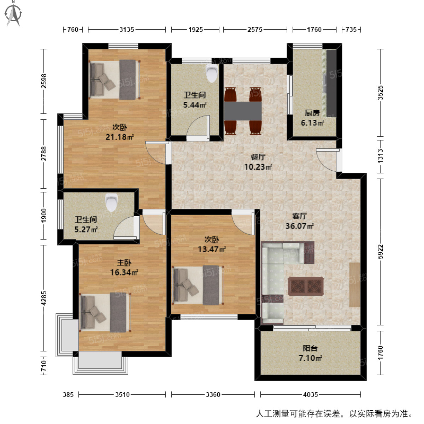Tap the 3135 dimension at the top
click(x=126, y=30)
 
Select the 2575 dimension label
click(x=255, y=30)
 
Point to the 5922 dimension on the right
click(x=380, y=252)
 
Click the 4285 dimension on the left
click(x=44, y=298)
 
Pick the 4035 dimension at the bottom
click(x=310, y=394)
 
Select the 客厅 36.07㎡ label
click(x=299, y=221)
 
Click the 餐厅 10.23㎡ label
click(x=258, y=162)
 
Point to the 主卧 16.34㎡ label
click(x=124, y=267)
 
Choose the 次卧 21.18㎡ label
click(x=120, y=132)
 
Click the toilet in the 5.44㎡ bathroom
click(x=212, y=73)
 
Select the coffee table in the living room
click(x=306, y=286)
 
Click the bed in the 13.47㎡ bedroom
click(x=198, y=285)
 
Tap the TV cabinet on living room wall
click(x=355, y=284)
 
